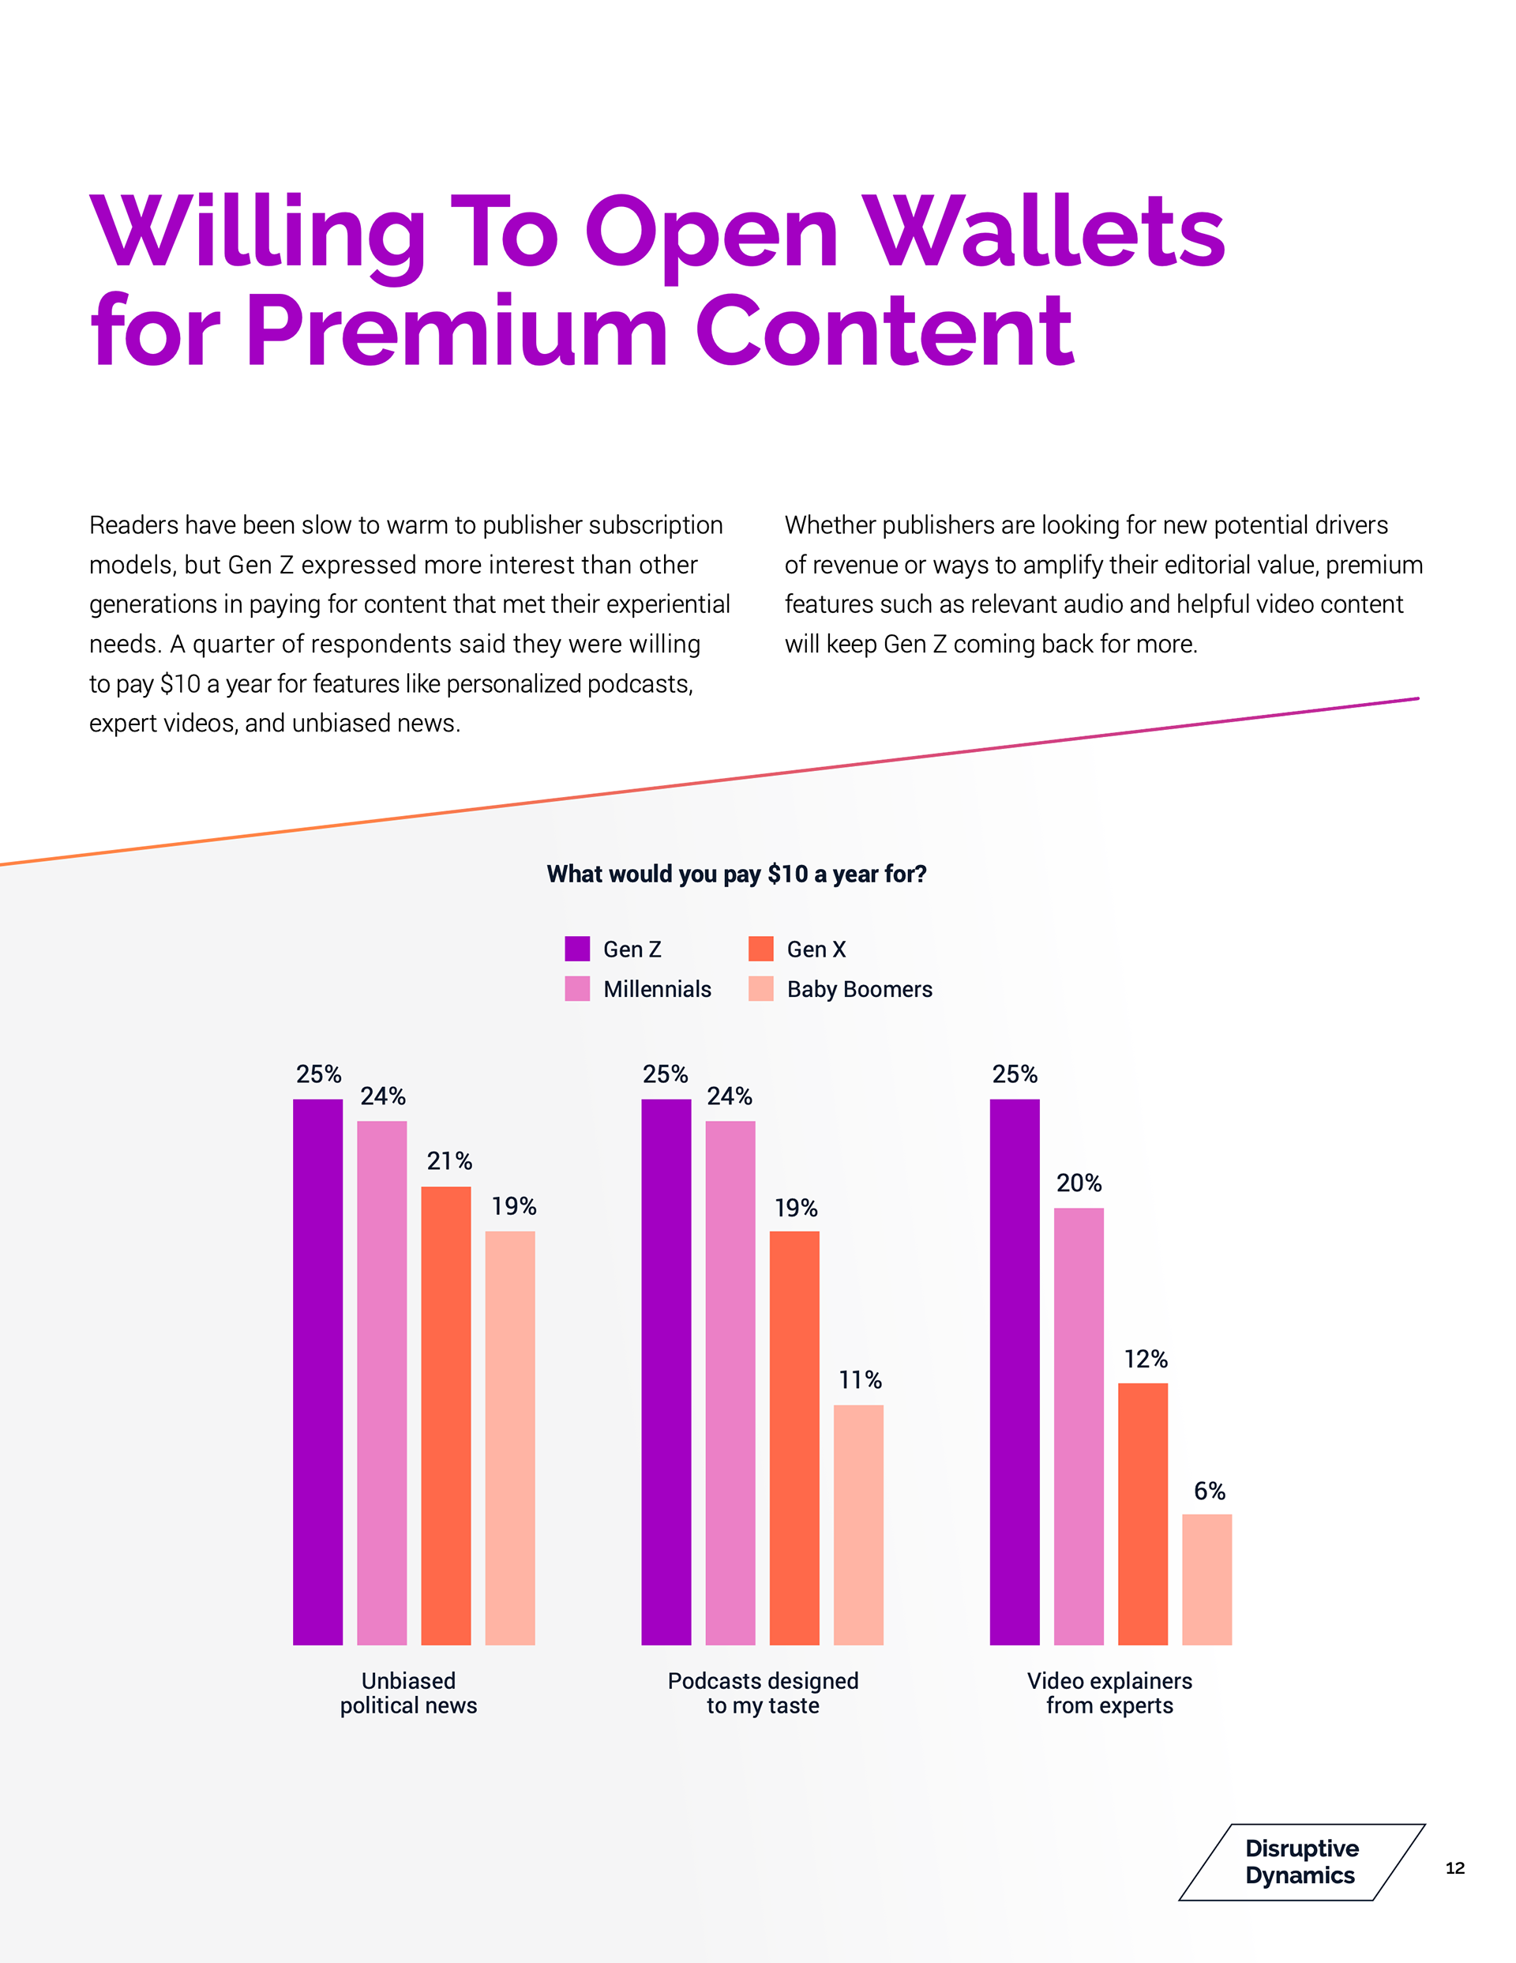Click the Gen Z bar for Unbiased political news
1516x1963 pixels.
pyautogui.click(x=317, y=1371)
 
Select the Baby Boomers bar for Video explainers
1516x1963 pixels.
pyautogui.click(x=1206, y=1579)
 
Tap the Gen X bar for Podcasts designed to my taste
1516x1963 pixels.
pyautogui.click(x=794, y=1438)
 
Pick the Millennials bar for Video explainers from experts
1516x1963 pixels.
pyautogui.click(x=1079, y=1427)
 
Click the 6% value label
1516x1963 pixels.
pyautogui.click(x=1209, y=1491)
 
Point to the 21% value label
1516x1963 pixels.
pyautogui.click(x=449, y=1161)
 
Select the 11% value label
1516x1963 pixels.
pyautogui.click(x=860, y=1380)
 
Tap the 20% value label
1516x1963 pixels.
pyautogui.click(x=1079, y=1183)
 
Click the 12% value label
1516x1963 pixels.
pyautogui.click(x=1145, y=1359)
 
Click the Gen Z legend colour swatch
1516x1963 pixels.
pyautogui.click(x=577, y=948)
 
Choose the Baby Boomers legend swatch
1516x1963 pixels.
pyautogui.click(x=760, y=989)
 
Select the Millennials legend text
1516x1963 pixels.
pyautogui.click(x=657, y=990)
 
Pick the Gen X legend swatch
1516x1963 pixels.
pyautogui.click(x=760, y=948)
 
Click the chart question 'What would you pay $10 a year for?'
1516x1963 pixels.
pyautogui.click(x=736, y=874)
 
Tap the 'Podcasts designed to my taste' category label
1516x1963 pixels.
pyautogui.click(x=763, y=1694)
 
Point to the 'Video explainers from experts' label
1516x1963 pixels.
pyautogui.click(x=1109, y=1694)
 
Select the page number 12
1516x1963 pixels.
pyautogui.click(x=1454, y=1867)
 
